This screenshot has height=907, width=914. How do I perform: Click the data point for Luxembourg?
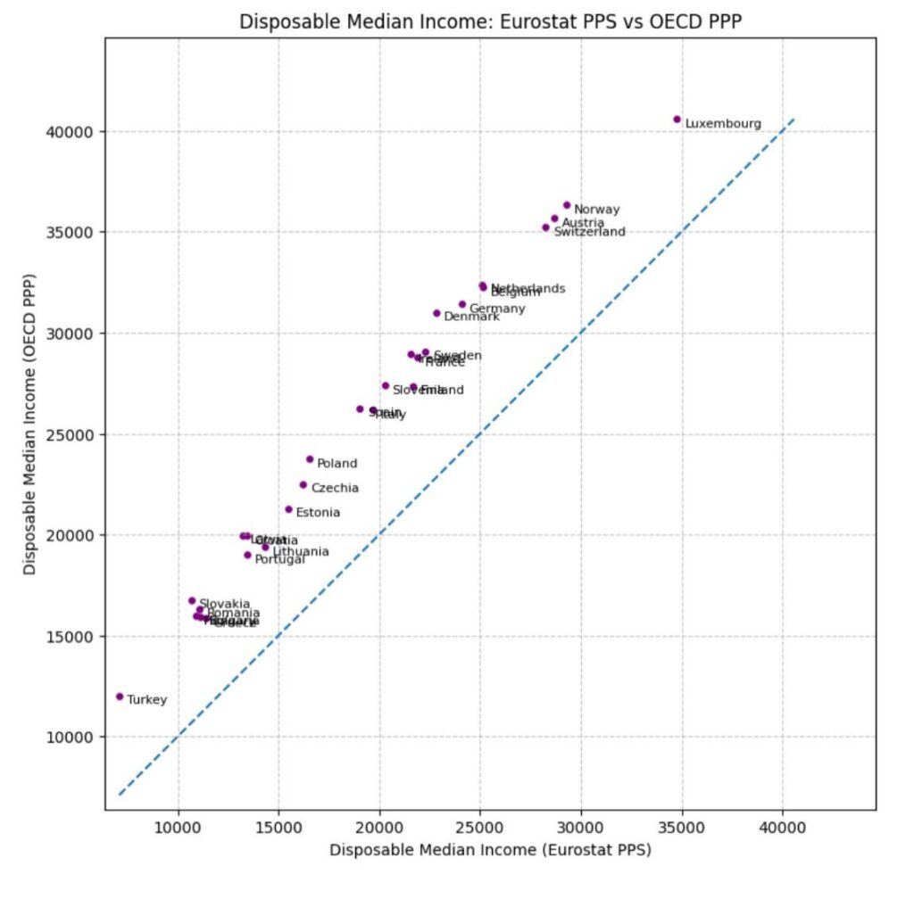677,120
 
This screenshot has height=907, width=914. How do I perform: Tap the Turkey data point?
120,697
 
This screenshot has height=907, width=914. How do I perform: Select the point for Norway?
567,205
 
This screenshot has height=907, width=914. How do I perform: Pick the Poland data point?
310,459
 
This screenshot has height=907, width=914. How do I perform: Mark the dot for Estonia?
288,509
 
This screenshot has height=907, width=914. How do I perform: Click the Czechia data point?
303,485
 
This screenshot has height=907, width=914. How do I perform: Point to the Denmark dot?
436,313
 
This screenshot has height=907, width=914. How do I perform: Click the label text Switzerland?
589,232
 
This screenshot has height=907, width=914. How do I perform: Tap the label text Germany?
497,309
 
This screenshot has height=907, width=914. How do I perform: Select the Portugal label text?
279,559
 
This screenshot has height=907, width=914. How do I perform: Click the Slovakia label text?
224,604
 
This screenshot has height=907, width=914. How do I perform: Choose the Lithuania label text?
300,552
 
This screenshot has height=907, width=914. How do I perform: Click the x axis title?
490,850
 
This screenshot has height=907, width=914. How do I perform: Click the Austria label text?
583,223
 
